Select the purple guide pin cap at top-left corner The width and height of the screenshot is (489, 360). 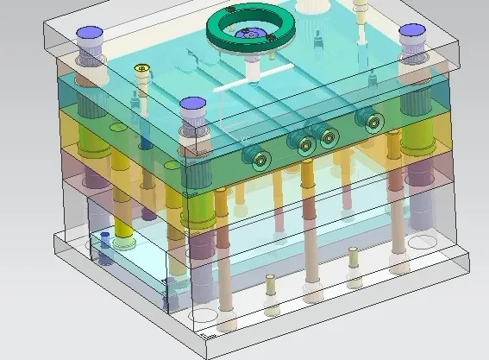90,36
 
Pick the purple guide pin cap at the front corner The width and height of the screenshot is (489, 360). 192,107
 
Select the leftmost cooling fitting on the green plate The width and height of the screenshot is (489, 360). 257,156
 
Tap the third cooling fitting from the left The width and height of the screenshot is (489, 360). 328,136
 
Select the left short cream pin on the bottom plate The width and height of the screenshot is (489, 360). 271,280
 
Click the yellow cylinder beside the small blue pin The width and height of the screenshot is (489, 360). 124,226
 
